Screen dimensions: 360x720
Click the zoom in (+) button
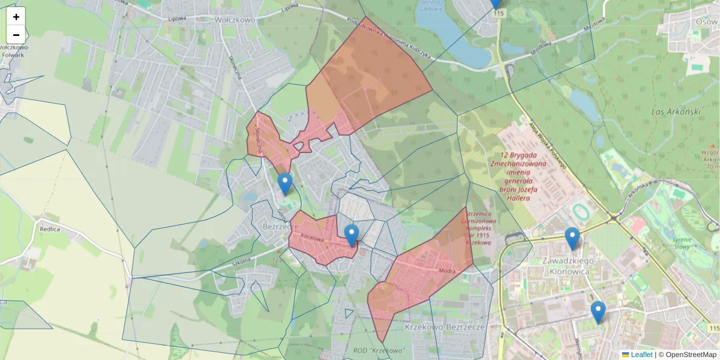click(16, 17)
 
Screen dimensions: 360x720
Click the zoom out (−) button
click(16, 35)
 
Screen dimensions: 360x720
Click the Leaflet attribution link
click(641, 355)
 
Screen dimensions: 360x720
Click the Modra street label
click(448, 271)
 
